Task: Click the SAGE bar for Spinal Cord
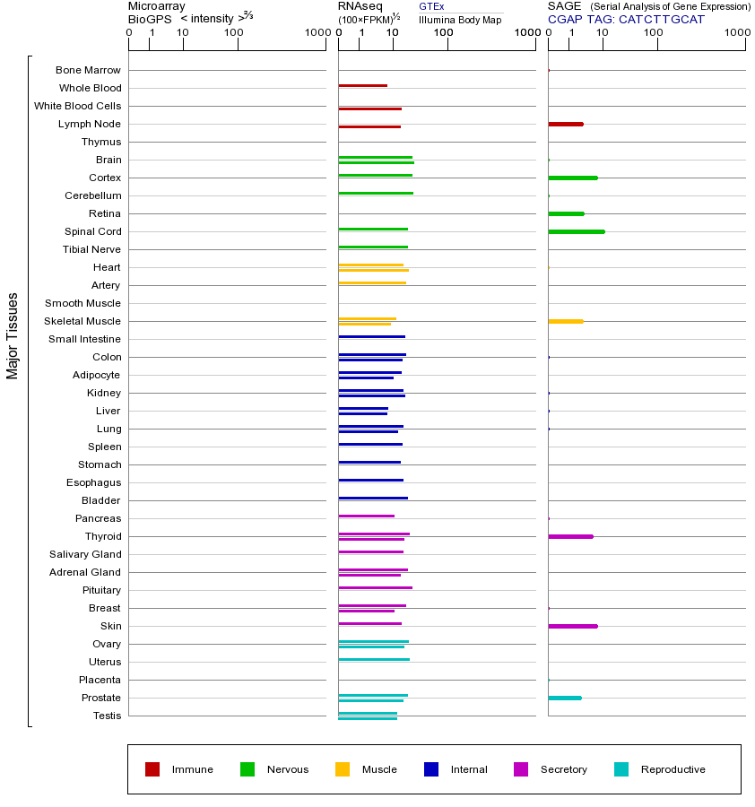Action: [x=576, y=231]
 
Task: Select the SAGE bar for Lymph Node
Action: [x=565, y=124]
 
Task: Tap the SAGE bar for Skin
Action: [x=572, y=626]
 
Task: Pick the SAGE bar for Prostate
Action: [x=564, y=698]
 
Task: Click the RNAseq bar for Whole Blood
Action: [x=362, y=85]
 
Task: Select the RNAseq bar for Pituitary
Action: [x=375, y=587]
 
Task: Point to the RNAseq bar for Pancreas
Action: [x=366, y=516]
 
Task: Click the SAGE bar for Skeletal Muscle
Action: [x=565, y=321]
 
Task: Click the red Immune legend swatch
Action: [x=152, y=769]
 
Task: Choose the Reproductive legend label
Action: [x=673, y=769]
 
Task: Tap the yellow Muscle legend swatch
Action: [x=343, y=769]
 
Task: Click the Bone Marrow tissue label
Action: [x=88, y=70]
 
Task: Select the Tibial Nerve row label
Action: [x=91, y=249]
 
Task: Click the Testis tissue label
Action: [x=107, y=716]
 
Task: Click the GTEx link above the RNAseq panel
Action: [x=431, y=6]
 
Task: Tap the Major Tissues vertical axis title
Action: [x=13, y=335]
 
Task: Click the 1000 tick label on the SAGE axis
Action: [x=736, y=33]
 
